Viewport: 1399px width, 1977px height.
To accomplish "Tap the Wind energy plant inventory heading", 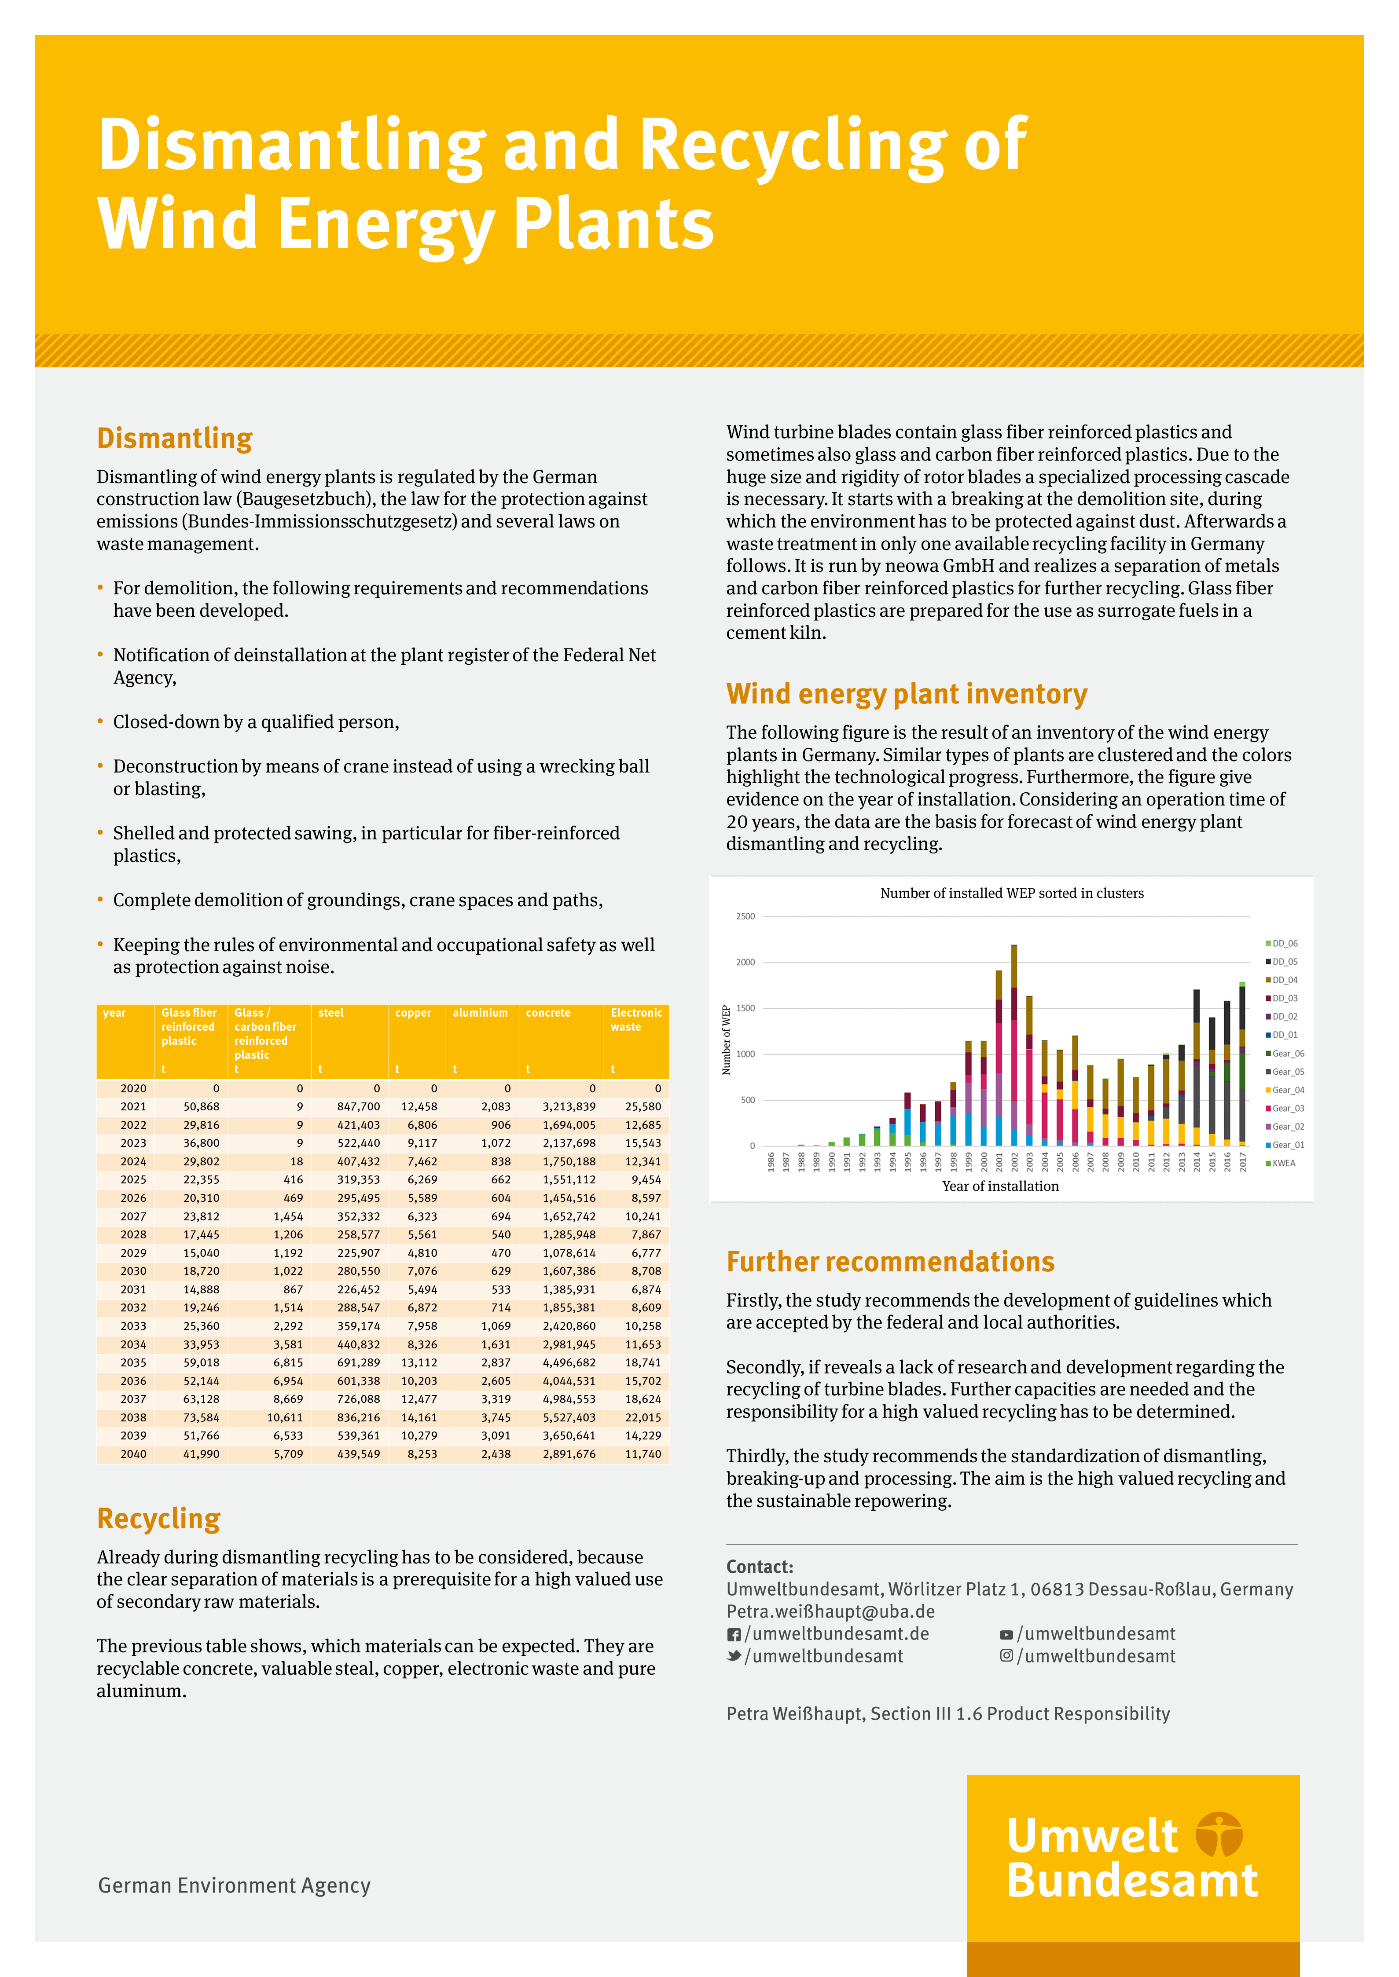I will (x=906, y=694).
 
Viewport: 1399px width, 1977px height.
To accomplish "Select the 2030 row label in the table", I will (x=133, y=1271).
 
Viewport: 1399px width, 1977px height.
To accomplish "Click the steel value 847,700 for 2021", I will (x=358, y=1106).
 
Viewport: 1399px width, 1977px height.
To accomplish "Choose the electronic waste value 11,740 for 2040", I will (x=643, y=1454).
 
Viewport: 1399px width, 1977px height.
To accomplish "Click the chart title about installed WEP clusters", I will (x=1011, y=894).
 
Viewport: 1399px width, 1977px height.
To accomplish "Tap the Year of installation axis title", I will (x=1000, y=1186).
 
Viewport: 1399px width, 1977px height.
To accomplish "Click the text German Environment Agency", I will (x=234, y=1886).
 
